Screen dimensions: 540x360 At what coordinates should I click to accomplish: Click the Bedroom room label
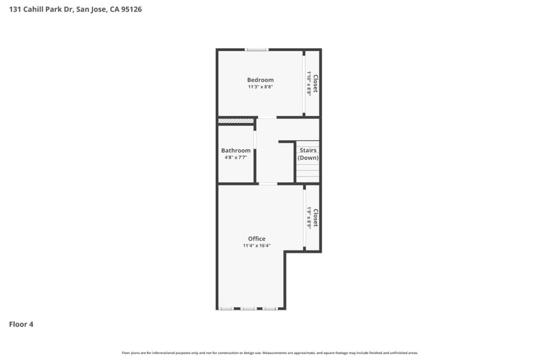(261, 80)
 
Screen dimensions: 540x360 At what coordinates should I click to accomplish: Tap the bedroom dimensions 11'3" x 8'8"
(261, 87)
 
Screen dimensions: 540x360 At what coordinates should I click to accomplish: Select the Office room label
(257, 239)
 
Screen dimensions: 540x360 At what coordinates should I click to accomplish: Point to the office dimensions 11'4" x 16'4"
(257, 246)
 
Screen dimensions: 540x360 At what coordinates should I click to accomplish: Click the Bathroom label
(236, 150)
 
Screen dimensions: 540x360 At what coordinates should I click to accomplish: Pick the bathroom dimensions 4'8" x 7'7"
(236, 157)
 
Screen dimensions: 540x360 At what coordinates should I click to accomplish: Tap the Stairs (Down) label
(308, 154)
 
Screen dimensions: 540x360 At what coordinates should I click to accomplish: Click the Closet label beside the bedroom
(315, 84)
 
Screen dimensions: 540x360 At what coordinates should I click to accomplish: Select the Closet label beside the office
(315, 218)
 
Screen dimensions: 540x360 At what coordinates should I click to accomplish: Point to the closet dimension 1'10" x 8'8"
(309, 84)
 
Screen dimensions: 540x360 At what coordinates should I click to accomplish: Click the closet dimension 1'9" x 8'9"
(309, 218)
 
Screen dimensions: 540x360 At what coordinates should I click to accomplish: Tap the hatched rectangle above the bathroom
(236, 121)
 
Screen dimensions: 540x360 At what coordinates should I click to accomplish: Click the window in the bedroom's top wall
(257, 50)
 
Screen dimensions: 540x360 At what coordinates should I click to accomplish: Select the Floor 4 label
(21, 324)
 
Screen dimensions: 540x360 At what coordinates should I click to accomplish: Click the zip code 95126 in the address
(131, 9)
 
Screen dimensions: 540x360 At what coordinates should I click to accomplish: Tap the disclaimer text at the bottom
(270, 353)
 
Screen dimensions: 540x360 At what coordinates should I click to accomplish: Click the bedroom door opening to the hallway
(267, 118)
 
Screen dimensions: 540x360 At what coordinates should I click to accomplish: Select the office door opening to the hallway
(268, 184)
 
